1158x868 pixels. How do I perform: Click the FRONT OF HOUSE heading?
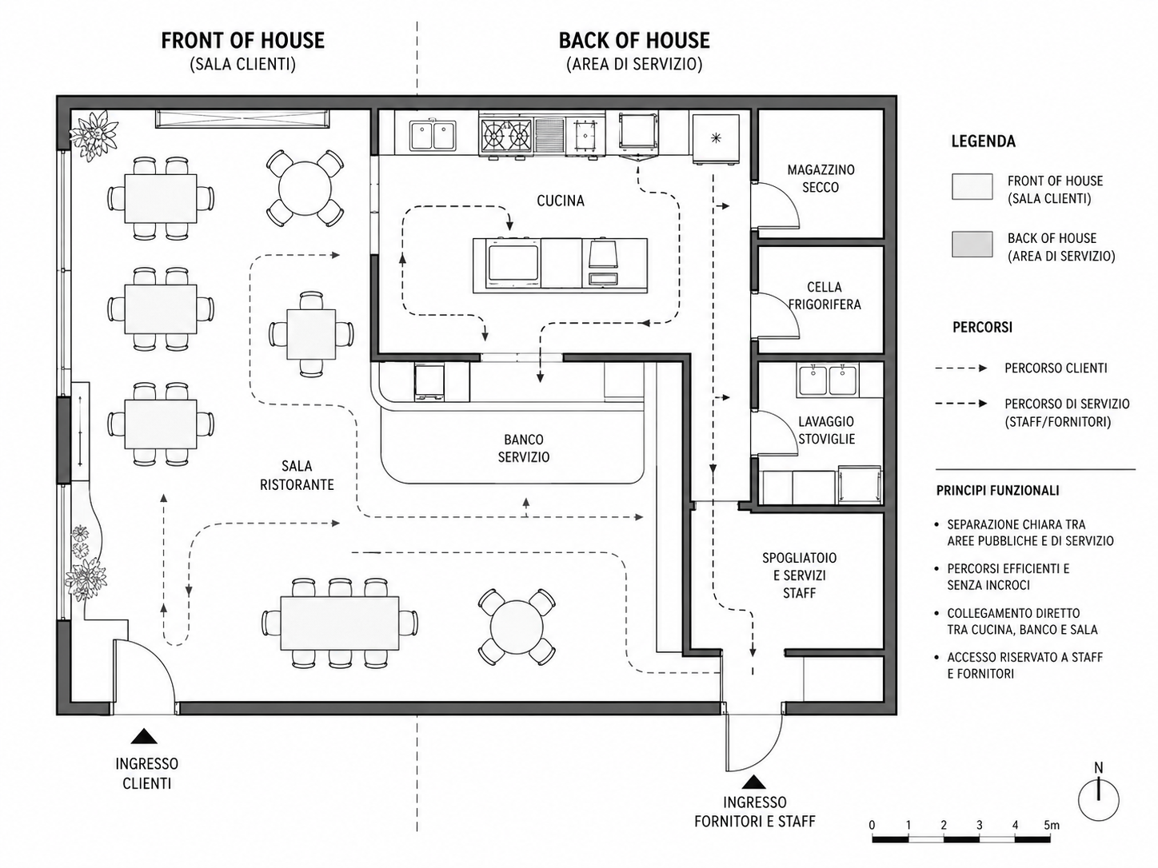pyautogui.click(x=242, y=41)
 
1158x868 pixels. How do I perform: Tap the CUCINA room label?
pyautogui.click(x=561, y=201)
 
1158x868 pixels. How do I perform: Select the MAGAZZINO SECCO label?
pyautogui.click(x=821, y=179)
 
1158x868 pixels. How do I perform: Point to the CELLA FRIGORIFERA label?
pyautogui.click(x=825, y=296)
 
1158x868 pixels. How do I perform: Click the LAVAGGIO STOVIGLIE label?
pyautogui.click(x=826, y=430)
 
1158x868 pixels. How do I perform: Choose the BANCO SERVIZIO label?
pyautogui.click(x=524, y=448)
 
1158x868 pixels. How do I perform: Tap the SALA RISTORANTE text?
pyautogui.click(x=297, y=476)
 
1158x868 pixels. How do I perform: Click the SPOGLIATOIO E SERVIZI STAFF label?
pyautogui.click(x=799, y=575)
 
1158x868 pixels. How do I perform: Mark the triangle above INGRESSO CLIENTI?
pyautogui.click(x=144, y=736)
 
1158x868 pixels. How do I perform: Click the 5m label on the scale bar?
pyautogui.click(x=1052, y=825)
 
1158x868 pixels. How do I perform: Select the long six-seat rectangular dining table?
pyautogui.click(x=340, y=623)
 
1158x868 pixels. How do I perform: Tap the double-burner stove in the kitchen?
pyautogui.click(x=506, y=136)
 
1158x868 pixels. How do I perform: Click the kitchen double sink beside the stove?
pyautogui.click(x=433, y=135)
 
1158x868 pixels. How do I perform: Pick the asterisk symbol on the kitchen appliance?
pyautogui.click(x=716, y=138)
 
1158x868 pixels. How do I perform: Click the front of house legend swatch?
pyautogui.click(x=972, y=186)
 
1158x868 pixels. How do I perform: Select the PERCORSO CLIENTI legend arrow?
pyautogui.click(x=961, y=368)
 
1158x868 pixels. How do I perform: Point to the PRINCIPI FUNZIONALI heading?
pyautogui.click(x=997, y=491)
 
